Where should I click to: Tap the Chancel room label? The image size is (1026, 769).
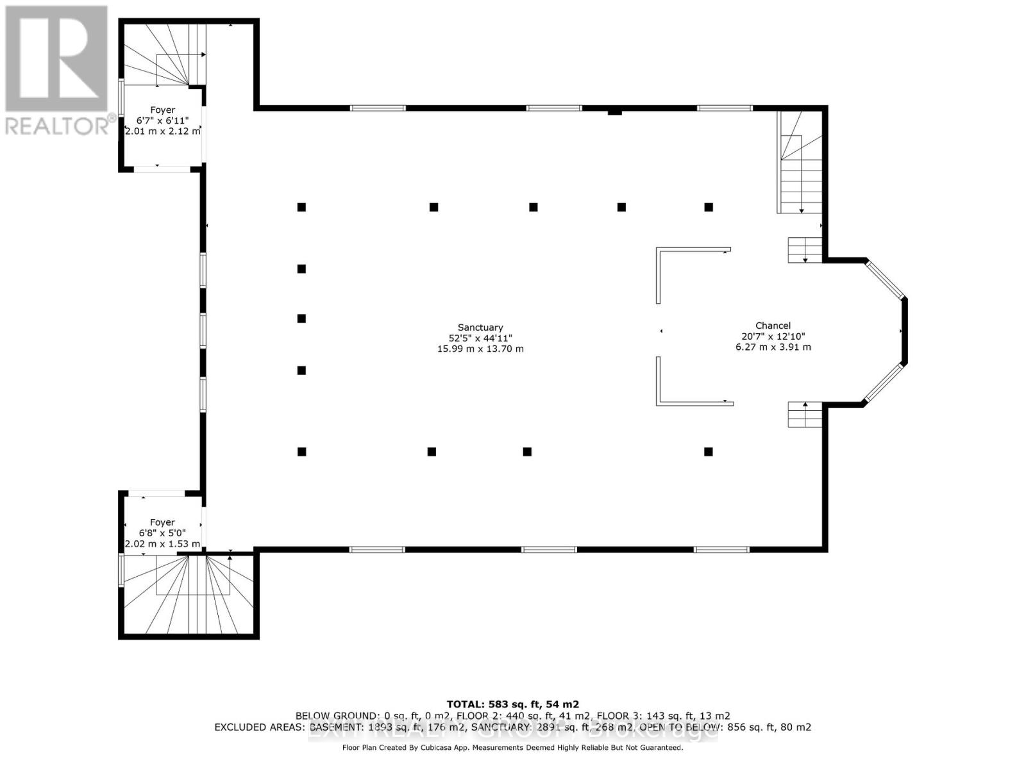[x=773, y=326]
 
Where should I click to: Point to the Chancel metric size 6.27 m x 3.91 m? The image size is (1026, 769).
[x=773, y=347]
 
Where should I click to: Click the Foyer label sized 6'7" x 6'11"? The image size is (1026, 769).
[x=162, y=110]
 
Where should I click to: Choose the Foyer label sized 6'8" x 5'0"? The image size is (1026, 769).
[x=162, y=522]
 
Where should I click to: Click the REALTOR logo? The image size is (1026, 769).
[x=56, y=70]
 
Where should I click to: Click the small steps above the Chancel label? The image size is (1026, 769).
[x=804, y=249]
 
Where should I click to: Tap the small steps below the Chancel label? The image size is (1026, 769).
[x=804, y=415]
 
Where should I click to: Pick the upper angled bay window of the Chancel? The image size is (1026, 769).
[x=884, y=279]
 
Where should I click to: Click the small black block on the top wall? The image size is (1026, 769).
[x=614, y=113]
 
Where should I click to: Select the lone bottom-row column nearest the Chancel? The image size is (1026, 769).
[x=709, y=452]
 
